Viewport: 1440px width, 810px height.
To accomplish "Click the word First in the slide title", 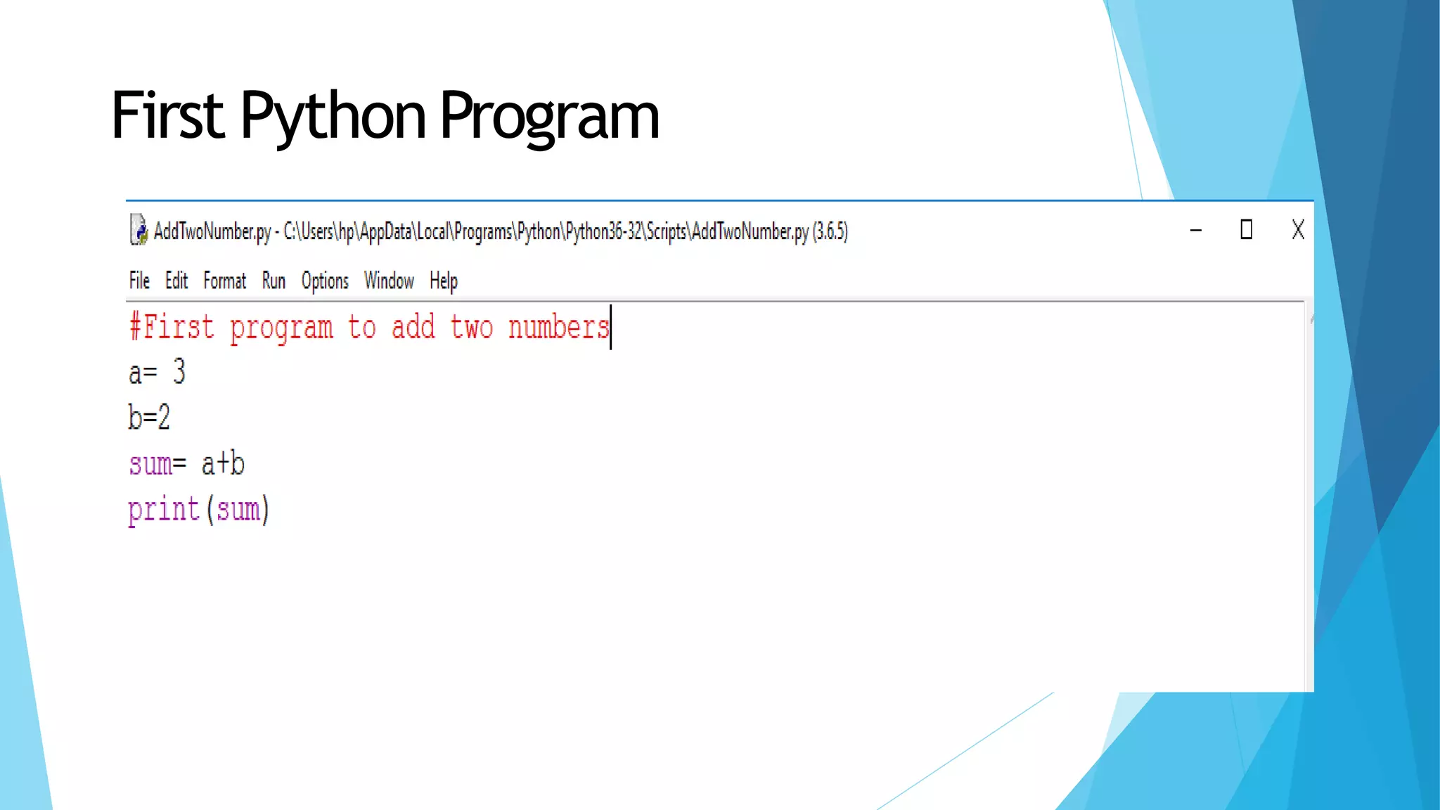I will [167, 115].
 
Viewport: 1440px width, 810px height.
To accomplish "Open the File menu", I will [139, 281].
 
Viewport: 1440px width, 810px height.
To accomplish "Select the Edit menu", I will [176, 281].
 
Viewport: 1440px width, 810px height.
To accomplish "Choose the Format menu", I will [225, 281].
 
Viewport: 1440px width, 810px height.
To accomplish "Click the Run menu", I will [274, 281].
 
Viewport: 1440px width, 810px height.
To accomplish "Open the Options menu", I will [325, 281].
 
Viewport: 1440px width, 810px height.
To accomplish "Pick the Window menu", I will [389, 281].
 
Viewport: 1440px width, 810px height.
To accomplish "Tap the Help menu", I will [444, 281].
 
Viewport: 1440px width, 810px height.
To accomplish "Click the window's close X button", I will [1298, 230].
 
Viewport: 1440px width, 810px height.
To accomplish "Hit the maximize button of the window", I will [1246, 230].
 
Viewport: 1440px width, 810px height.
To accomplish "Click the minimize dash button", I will [1195, 231].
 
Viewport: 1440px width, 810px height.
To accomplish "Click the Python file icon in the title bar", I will [139, 230].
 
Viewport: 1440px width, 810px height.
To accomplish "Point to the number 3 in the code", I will [179, 371].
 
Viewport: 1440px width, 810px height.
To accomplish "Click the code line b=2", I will [149, 417].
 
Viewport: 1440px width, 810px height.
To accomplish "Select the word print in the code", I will [164, 509].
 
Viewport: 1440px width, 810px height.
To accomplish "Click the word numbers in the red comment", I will [558, 328].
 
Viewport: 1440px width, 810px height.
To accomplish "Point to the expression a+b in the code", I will [223, 464].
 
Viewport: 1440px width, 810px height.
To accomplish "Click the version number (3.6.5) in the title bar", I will [830, 231].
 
